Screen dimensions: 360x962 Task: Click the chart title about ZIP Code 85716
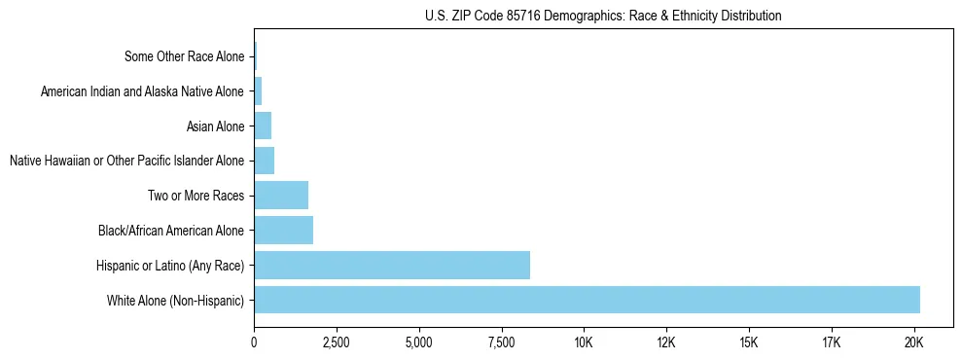(603, 16)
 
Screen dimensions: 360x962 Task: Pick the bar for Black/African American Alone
(283, 230)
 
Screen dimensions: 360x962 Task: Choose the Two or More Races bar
(280, 195)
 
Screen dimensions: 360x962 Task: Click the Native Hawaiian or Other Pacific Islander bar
(264, 161)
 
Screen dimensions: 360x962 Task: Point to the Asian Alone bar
(263, 126)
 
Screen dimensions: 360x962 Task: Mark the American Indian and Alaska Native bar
(258, 91)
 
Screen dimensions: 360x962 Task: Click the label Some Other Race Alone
(185, 56)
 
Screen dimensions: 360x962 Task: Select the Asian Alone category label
(215, 126)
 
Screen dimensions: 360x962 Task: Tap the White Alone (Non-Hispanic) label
(176, 301)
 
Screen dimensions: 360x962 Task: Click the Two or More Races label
(196, 196)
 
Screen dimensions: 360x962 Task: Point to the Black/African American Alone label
(171, 231)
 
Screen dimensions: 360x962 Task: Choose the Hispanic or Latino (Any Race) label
(170, 266)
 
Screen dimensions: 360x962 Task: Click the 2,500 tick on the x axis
(336, 343)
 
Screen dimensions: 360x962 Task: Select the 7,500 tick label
(501, 343)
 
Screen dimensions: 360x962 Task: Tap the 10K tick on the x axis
(584, 343)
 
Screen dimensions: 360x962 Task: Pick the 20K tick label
(913, 343)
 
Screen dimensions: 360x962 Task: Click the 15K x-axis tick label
(748, 343)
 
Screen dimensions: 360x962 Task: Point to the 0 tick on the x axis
(254, 343)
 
